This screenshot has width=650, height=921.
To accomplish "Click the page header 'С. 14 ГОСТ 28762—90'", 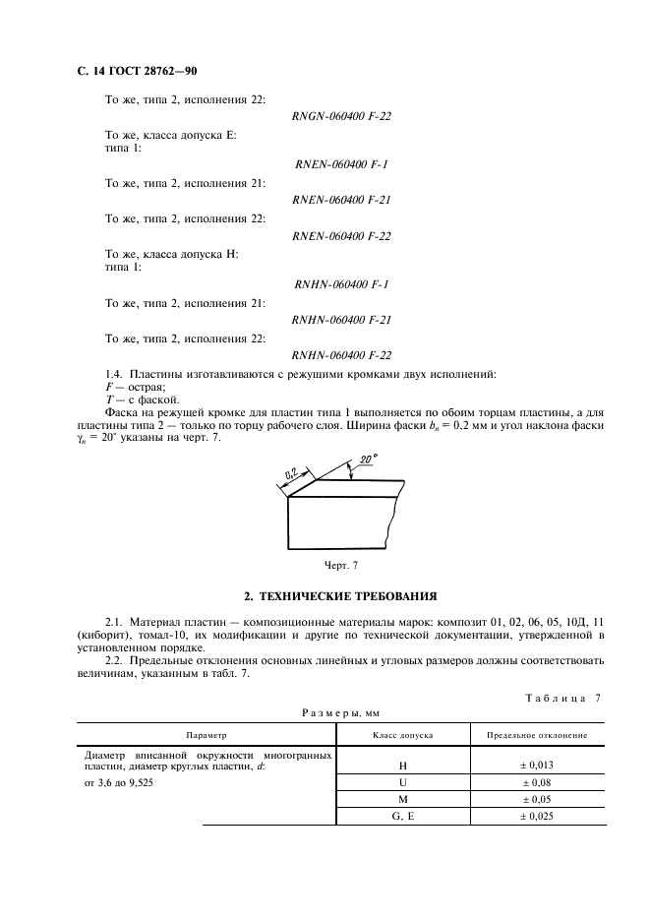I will coord(138,72).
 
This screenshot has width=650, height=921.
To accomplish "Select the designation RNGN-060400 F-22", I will coord(342,116).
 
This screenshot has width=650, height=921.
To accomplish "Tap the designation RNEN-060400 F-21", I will coord(342,200).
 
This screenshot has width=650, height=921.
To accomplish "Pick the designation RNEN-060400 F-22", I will coord(342,235).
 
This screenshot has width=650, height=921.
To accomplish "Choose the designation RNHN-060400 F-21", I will coord(342,320).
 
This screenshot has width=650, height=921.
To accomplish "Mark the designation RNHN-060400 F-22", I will coord(342,355).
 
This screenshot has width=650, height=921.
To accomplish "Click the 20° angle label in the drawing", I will coord(369,460).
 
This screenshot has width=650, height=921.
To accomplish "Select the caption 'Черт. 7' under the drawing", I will coord(341,565).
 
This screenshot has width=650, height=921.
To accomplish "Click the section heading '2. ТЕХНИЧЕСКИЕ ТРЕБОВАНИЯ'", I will coord(340,596).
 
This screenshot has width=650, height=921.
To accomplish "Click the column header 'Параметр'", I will coord(207,735).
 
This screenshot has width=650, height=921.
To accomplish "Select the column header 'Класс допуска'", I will coord(403,735).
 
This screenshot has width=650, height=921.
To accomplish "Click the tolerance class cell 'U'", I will coord(403,782).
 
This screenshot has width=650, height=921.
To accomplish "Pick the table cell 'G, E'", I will coord(403,817).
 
